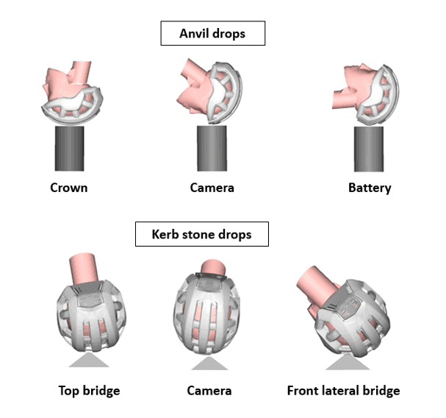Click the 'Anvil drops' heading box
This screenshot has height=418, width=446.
click(x=212, y=33)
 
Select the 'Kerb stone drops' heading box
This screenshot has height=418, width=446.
click(x=201, y=234)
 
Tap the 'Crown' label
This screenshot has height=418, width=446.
click(x=68, y=188)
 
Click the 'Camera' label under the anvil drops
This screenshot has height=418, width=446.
click(x=212, y=188)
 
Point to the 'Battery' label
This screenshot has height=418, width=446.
click(x=370, y=188)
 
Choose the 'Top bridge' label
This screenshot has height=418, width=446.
click(x=89, y=390)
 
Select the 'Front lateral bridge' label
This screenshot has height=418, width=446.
click(x=343, y=390)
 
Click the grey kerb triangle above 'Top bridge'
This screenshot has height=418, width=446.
click(x=90, y=360)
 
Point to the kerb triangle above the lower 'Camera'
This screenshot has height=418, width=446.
click(x=209, y=361)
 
